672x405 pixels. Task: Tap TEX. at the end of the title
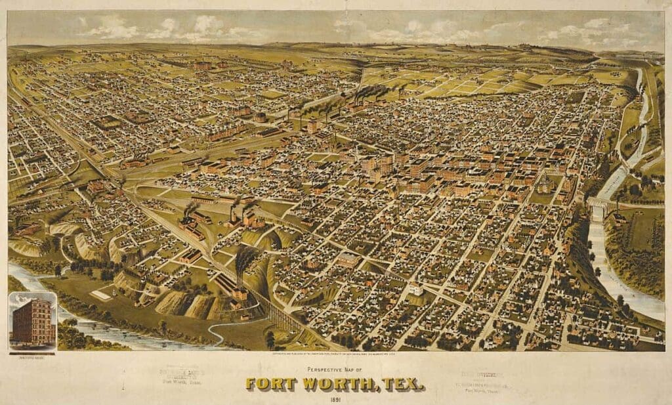[x=400, y=383]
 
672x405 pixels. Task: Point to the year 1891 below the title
[x=335, y=399]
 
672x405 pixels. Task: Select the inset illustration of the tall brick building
[x=33, y=321]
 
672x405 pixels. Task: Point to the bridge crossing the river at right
[x=600, y=203]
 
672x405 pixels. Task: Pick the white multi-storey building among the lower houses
[x=415, y=288]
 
